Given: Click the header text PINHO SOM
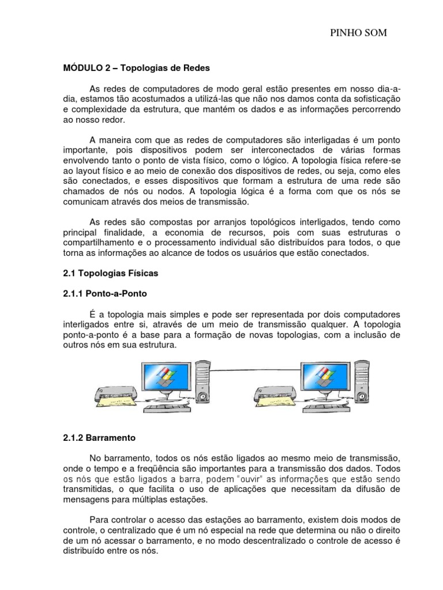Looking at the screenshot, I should (358, 34).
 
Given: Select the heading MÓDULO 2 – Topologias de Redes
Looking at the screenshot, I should (137, 68).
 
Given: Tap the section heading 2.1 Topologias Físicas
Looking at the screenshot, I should (110, 273).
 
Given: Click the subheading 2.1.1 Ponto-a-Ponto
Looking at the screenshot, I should (104, 293).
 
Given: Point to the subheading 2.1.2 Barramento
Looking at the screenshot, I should (99, 437).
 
